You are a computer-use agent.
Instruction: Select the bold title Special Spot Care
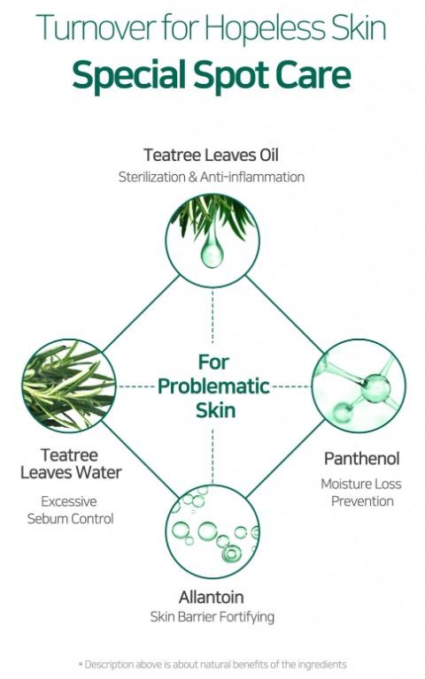(212, 75)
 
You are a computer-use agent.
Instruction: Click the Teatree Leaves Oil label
(212, 155)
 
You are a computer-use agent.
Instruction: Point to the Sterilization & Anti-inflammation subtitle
(212, 177)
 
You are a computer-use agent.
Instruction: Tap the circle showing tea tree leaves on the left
(69, 385)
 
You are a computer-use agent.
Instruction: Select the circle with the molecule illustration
(359, 385)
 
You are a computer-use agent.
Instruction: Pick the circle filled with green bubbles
(212, 531)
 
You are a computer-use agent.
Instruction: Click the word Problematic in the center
(213, 386)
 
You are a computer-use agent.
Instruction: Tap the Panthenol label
(361, 459)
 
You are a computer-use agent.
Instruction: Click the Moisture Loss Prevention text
(361, 492)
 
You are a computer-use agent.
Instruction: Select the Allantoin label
(212, 597)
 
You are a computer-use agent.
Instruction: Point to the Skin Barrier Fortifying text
(212, 616)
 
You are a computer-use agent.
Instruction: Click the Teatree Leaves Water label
(71, 464)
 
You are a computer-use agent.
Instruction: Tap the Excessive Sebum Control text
(70, 509)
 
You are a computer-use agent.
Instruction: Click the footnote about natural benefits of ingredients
(212, 664)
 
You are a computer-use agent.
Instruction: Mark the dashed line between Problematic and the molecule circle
(290, 385)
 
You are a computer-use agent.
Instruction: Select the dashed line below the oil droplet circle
(212, 317)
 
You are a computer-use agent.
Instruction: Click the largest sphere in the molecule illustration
(376, 388)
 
